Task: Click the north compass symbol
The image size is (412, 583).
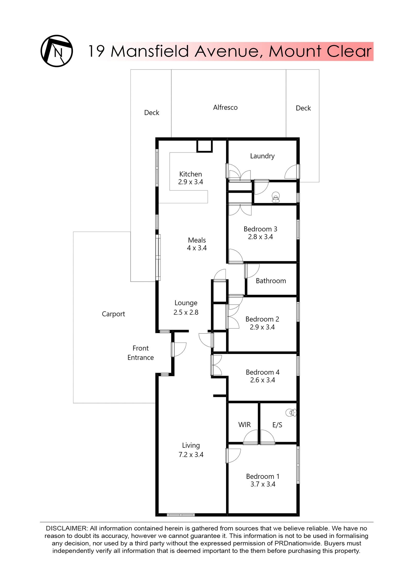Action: pyautogui.click(x=57, y=51)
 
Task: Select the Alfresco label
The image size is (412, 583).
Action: pyautogui.click(x=225, y=107)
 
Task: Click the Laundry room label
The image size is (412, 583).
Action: pyautogui.click(x=262, y=156)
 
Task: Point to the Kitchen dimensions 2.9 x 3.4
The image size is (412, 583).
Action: pyautogui.click(x=190, y=182)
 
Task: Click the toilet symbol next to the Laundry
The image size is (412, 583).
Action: pyautogui.click(x=276, y=197)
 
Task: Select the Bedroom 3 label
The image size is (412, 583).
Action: pyautogui.click(x=260, y=229)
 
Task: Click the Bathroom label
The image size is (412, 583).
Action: pyautogui.click(x=271, y=281)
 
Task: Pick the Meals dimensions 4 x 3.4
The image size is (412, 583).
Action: pyautogui.click(x=196, y=248)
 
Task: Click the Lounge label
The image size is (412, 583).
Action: pyautogui.click(x=186, y=303)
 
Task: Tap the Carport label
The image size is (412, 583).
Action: pyautogui.click(x=113, y=314)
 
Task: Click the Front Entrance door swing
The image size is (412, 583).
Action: pyautogui.click(x=179, y=349)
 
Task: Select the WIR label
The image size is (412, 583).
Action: pyautogui.click(x=244, y=425)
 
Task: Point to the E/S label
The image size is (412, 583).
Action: pyautogui.click(x=277, y=425)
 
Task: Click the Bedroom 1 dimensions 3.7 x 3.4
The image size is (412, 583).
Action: pyautogui.click(x=263, y=484)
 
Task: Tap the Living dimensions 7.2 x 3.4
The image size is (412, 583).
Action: pyautogui.click(x=191, y=454)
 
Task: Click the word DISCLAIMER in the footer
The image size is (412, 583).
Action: pyautogui.click(x=67, y=528)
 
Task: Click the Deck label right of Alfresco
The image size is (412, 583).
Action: pyautogui.click(x=303, y=108)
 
